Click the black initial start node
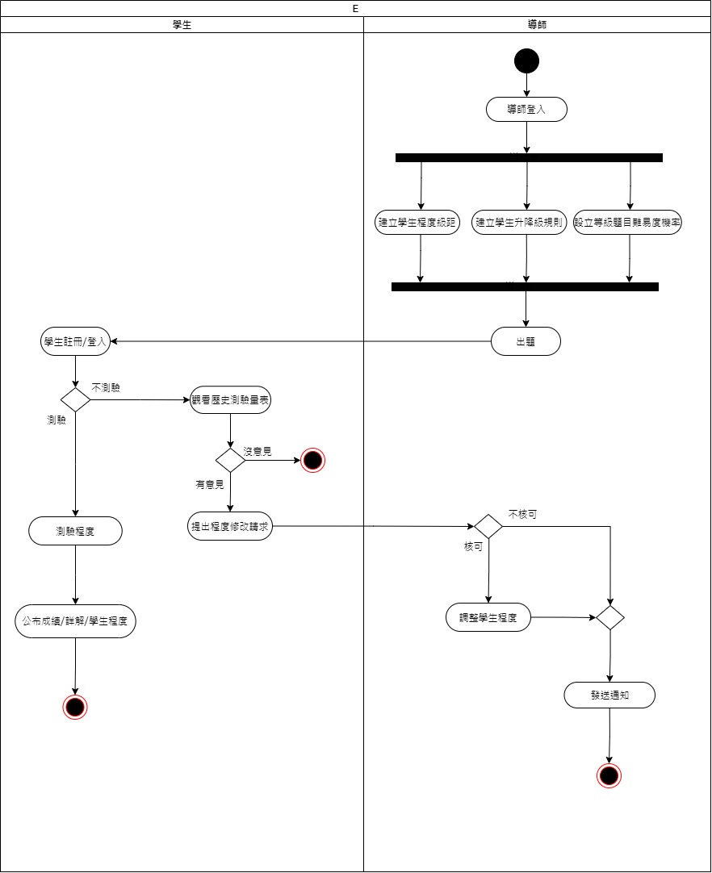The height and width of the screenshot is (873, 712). coord(526,61)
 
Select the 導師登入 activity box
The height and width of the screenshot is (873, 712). coord(526,110)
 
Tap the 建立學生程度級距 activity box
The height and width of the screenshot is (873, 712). coord(418,223)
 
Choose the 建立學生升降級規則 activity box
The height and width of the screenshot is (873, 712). coord(519,223)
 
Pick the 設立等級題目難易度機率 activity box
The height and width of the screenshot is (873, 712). coord(628,223)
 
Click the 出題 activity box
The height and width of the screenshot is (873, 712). coord(526,342)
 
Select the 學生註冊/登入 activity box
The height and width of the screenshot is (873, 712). coord(75,342)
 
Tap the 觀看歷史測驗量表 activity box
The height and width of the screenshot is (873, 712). coord(230,400)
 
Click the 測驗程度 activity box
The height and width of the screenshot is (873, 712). coord(76,531)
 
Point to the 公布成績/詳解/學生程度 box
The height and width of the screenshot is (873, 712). coord(76,622)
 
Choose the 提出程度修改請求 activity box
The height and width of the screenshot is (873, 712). coord(230,527)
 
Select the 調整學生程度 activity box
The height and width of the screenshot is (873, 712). coord(488,618)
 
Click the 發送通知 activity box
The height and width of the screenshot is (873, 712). coord(609,695)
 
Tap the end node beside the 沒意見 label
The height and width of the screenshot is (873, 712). coord(312,461)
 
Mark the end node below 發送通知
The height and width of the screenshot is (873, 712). coord(609,775)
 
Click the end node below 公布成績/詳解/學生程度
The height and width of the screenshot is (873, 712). coord(75,707)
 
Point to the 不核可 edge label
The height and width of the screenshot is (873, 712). coord(522,514)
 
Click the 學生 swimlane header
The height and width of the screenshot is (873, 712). coord(182,25)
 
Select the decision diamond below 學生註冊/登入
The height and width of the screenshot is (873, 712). coord(75,399)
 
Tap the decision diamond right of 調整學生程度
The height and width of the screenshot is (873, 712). coord(609,618)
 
